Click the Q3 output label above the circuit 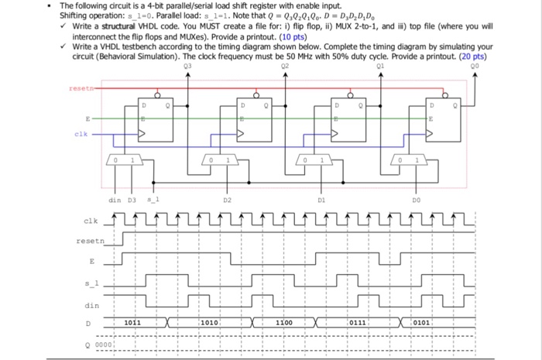coord(187,67)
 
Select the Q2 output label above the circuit coord(287,67)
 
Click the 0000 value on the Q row coord(105,344)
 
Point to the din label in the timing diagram coord(91,305)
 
